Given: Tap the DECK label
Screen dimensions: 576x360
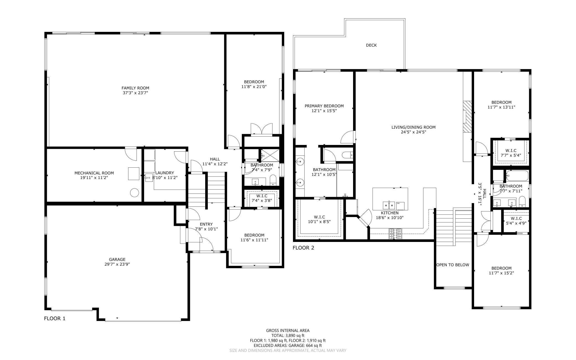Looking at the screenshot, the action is [x=371, y=45].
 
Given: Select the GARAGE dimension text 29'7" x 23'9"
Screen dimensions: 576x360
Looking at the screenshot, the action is [x=117, y=264].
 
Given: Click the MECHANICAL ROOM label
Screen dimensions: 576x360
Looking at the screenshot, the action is [x=94, y=173].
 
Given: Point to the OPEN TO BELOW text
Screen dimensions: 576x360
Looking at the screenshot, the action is [x=453, y=265].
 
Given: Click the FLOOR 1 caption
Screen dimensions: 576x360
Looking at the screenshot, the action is [x=55, y=318].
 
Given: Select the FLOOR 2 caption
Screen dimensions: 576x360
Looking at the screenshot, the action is [x=304, y=248].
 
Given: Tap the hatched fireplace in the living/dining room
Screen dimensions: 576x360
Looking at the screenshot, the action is [x=467, y=116].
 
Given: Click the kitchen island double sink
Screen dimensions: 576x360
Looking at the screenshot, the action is [x=389, y=205].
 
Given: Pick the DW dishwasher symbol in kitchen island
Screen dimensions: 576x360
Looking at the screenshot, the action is [x=400, y=206].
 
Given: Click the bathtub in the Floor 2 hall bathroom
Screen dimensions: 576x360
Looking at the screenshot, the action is [x=517, y=175].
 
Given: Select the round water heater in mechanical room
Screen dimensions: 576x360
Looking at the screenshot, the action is [x=134, y=193].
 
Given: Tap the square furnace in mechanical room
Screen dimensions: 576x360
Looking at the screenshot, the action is [x=134, y=174].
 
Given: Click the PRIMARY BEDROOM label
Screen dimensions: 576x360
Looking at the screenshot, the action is [x=324, y=106].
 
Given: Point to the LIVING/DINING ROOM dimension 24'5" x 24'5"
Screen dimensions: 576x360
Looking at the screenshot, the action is [x=413, y=132].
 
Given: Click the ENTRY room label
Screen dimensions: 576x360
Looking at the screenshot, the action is [x=206, y=224].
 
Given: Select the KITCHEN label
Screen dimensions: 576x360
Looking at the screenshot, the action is [x=390, y=213].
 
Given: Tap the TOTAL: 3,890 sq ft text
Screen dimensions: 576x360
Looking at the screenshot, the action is [x=288, y=336].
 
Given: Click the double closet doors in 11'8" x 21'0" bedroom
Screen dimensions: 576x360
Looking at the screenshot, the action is [x=261, y=129].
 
